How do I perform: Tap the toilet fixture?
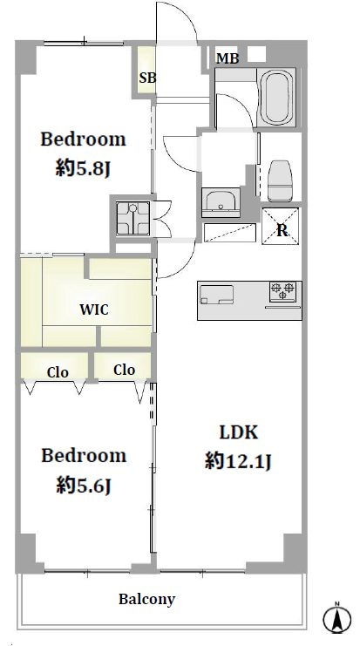(280, 180)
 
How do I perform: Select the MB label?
(228, 59)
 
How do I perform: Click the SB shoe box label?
(147, 78)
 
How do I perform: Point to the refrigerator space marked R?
(282, 226)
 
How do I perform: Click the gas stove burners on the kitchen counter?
(283, 290)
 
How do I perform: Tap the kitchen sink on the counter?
(217, 295)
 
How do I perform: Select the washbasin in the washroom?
(221, 202)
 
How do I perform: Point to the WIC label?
(94, 309)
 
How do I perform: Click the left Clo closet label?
(58, 372)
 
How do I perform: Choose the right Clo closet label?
(125, 370)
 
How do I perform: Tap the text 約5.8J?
(84, 169)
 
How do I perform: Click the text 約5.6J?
(84, 486)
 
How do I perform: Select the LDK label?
(239, 432)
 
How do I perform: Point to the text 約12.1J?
(238, 461)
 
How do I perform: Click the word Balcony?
(147, 599)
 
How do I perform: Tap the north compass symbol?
(337, 618)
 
